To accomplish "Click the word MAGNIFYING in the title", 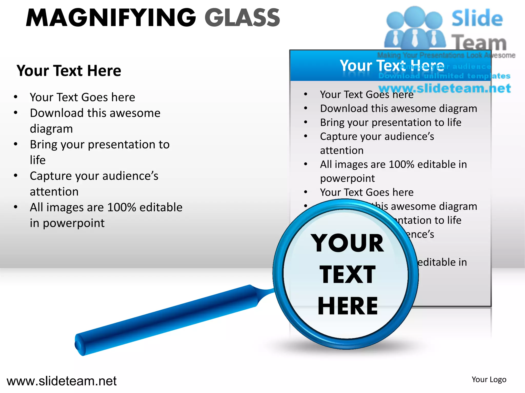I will point(111,18).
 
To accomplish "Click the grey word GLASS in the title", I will point(242,18).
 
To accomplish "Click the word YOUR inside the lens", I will point(347,243).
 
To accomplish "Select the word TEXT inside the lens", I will point(347,275).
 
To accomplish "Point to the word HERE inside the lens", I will point(348,306).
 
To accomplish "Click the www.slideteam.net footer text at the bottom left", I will point(62,381).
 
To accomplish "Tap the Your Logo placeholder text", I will point(489,379).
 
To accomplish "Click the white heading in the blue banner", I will point(391,65).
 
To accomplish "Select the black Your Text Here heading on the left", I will point(69,71).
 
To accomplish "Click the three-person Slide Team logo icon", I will point(415,28).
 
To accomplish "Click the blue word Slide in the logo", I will point(477,18).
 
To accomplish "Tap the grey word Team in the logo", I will point(479,42).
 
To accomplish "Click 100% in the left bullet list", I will point(122,208).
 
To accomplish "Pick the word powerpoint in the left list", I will point(74,223).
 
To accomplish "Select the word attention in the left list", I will point(54,192).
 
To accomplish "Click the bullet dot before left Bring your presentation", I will point(16,144).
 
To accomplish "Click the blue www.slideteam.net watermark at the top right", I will point(445,88).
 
